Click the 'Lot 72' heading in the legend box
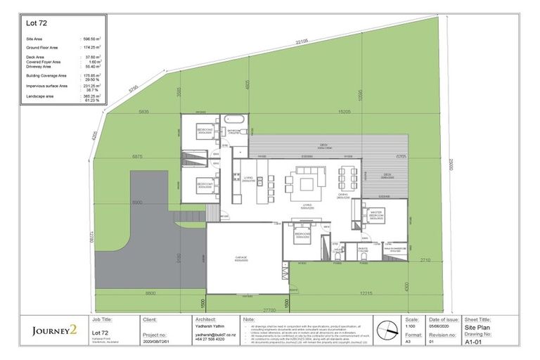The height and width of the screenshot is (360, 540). point(36,23)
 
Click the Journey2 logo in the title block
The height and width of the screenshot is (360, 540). point(54,330)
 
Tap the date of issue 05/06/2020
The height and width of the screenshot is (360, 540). point(433,326)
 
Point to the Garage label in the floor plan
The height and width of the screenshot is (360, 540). point(240,258)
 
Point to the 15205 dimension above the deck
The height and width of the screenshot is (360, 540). point(345,111)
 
